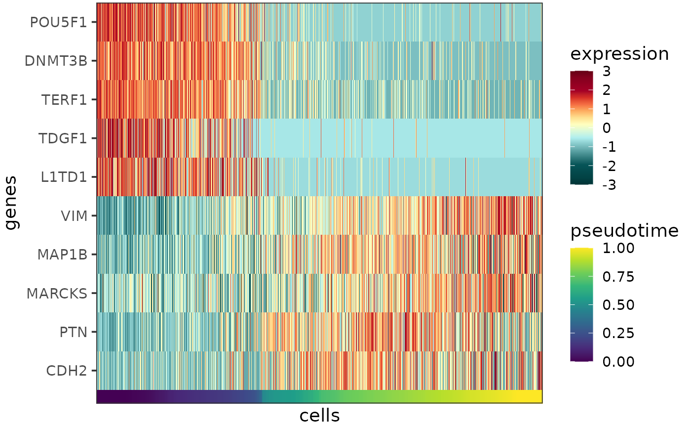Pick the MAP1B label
62,255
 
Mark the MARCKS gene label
57,293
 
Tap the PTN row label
73,332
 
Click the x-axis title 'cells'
319,416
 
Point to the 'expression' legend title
619,54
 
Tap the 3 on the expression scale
607,72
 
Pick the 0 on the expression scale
607,128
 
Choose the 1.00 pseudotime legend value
618,248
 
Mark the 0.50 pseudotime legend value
618,305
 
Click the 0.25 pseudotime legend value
618,333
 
